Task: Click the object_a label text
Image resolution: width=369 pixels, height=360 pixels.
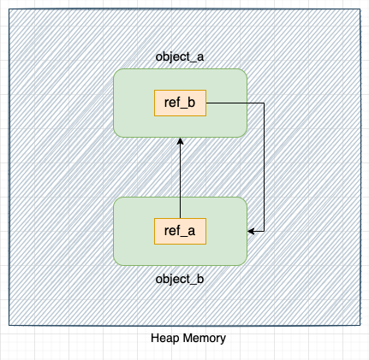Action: point(180,56)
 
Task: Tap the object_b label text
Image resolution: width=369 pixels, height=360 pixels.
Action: point(180,279)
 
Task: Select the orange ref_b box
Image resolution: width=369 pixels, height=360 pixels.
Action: point(180,103)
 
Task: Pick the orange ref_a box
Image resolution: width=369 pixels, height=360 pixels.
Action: point(180,231)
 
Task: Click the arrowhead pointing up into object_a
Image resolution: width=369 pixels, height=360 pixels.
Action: point(181,142)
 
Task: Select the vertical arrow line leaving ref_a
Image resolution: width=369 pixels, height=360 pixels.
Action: point(181,180)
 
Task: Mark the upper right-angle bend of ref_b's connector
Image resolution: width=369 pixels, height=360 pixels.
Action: point(264,103)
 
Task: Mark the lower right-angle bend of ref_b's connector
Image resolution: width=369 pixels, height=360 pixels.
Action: point(264,231)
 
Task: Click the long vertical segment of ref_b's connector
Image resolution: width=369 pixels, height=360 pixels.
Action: point(264,167)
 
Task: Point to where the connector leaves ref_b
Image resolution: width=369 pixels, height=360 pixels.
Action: point(207,103)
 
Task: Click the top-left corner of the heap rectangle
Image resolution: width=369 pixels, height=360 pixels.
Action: point(9,10)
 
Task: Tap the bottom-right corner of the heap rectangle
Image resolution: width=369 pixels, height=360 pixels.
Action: point(360,325)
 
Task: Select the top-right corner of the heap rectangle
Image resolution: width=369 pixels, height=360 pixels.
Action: point(360,10)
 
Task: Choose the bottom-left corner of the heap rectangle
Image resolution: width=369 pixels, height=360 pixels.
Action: point(9,325)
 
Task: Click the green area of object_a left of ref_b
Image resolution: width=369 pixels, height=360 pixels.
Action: point(134,103)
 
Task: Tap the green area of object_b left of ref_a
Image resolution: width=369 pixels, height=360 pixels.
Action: point(134,231)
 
